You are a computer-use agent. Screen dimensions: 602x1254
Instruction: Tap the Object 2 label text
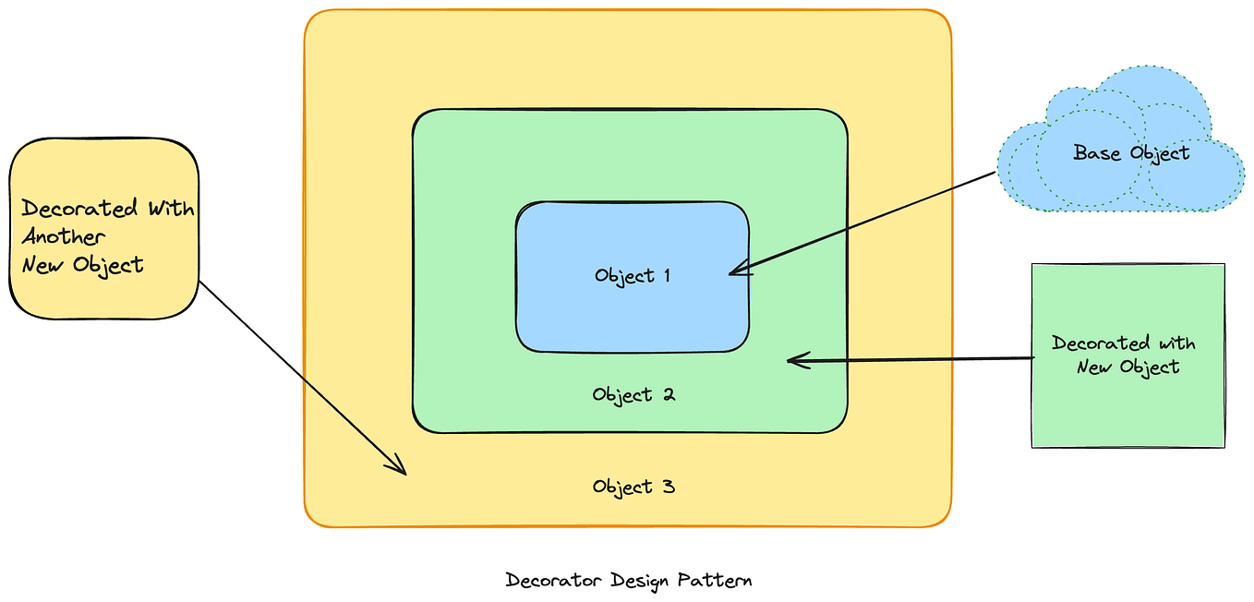pos(633,395)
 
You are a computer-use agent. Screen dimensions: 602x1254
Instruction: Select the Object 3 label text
pos(633,487)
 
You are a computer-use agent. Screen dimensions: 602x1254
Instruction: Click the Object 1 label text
pos(633,275)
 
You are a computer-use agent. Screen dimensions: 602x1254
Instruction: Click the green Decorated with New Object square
pos(1127,406)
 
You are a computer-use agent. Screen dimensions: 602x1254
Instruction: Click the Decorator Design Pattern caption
pos(629,581)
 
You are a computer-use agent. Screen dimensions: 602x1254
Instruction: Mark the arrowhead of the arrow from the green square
pos(794,360)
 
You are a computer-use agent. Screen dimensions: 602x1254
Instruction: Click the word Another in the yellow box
pos(64,236)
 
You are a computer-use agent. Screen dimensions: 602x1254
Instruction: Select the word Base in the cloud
pos(1095,152)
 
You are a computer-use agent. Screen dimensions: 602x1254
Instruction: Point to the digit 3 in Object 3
pos(669,487)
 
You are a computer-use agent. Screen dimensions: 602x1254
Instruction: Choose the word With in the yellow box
pos(171,208)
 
